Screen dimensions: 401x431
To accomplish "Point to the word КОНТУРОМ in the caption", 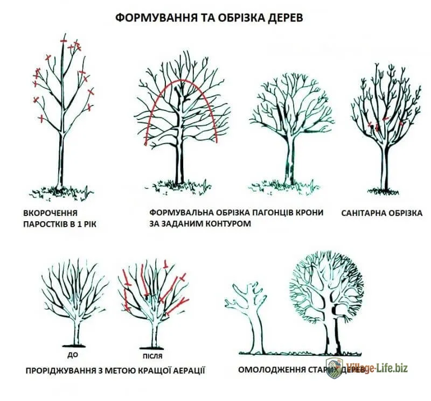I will [226, 223].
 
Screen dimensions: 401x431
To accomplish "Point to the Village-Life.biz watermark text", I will [377, 369].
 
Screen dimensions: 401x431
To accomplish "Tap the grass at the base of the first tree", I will [60, 190].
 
